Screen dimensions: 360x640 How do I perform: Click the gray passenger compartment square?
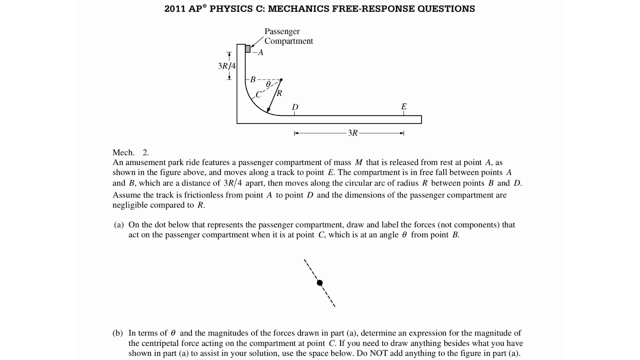click(247, 48)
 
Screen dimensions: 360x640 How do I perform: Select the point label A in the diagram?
click(260, 52)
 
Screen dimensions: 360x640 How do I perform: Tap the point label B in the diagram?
click(253, 79)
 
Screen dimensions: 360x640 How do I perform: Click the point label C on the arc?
click(258, 94)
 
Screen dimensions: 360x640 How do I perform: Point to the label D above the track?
click(295, 107)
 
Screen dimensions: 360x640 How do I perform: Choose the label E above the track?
click(404, 106)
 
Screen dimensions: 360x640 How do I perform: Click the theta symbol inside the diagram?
click(268, 84)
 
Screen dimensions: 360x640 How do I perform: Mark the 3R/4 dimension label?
click(226, 65)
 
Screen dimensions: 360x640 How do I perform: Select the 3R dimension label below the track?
click(352, 133)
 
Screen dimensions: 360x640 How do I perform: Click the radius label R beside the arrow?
click(279, 93)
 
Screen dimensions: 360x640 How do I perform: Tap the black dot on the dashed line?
click(320, 283)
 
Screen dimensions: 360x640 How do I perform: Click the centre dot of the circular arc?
click(281, 79)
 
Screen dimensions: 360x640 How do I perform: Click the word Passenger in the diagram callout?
click(282, 31)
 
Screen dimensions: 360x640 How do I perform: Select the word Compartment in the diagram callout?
click(288, 41)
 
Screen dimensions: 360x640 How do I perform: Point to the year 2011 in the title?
click(174, 9)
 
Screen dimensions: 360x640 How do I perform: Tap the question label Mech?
click(123, 152)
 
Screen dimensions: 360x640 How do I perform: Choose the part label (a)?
click(119, 225)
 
